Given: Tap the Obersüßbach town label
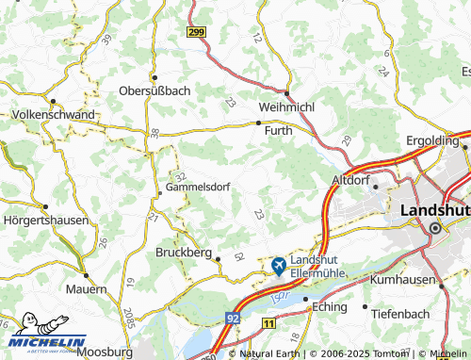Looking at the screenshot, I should tap(154, 91).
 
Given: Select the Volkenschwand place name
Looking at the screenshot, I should tap(54, 114).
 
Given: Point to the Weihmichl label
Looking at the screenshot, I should tap(288, 106).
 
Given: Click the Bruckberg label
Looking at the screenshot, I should tap(182, 253).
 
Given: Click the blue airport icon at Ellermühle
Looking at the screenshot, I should tap(279, 267).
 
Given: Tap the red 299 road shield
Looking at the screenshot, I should tap(196, 32).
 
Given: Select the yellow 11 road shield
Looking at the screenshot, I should tap(268, 323).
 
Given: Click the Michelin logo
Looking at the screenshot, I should tap(47, 338).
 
